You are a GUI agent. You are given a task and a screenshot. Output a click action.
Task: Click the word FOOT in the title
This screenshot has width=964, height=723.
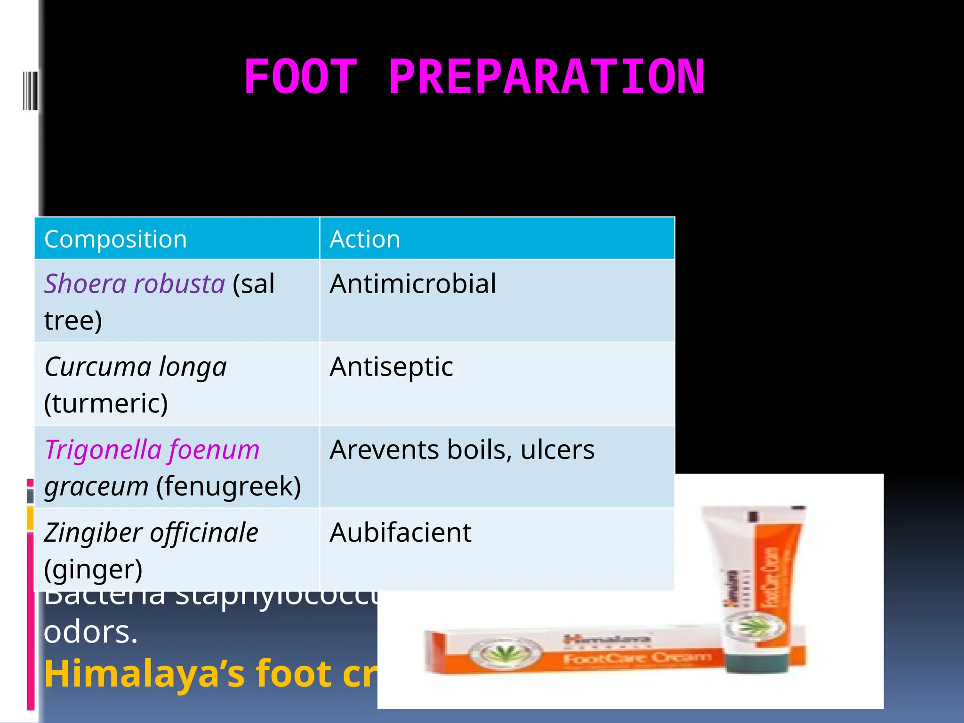(x=300, y=77)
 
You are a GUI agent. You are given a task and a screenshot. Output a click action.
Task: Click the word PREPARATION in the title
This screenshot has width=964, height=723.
(x=546, y=77)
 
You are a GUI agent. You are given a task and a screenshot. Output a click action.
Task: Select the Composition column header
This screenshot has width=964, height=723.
(x=115, y=239)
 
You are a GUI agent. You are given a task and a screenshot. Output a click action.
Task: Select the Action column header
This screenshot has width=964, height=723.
(x=365, y=239)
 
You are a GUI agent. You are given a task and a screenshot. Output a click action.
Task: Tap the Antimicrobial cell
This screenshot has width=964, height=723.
(x=413, y=284)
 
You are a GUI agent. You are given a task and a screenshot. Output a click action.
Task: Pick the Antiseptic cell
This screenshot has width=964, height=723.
(x=391, y=367)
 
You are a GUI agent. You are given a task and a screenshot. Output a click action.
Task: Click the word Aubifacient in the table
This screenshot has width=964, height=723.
(x=400, y=533)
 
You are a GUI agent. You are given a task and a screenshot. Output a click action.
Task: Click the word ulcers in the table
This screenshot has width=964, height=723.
(x=557, y=450)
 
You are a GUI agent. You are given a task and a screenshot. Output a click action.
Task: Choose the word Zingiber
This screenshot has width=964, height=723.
(x=93, y=533)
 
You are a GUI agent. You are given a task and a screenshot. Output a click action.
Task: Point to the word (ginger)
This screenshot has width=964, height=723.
(x=93, y=570)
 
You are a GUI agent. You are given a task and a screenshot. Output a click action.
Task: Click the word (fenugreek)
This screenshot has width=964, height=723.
(x=228, y=487)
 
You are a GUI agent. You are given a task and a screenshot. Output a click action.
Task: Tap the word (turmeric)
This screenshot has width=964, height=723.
(x=106, y=404)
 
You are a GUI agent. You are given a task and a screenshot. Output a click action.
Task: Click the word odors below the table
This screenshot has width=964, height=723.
(x=90, y=632)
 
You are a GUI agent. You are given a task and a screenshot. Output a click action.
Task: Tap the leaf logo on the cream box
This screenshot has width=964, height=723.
(x=505, y=652)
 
